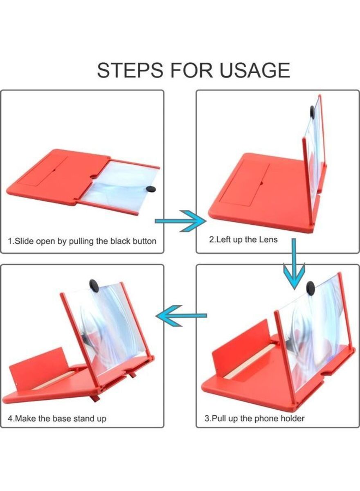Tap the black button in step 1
point(151,189)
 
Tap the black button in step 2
point(313,112)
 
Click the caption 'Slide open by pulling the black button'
point(82,241)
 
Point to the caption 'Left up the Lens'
point(243,240)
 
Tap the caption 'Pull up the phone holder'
point(254,418)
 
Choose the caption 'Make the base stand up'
point(57,419)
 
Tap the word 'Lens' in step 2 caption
point(268,240)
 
